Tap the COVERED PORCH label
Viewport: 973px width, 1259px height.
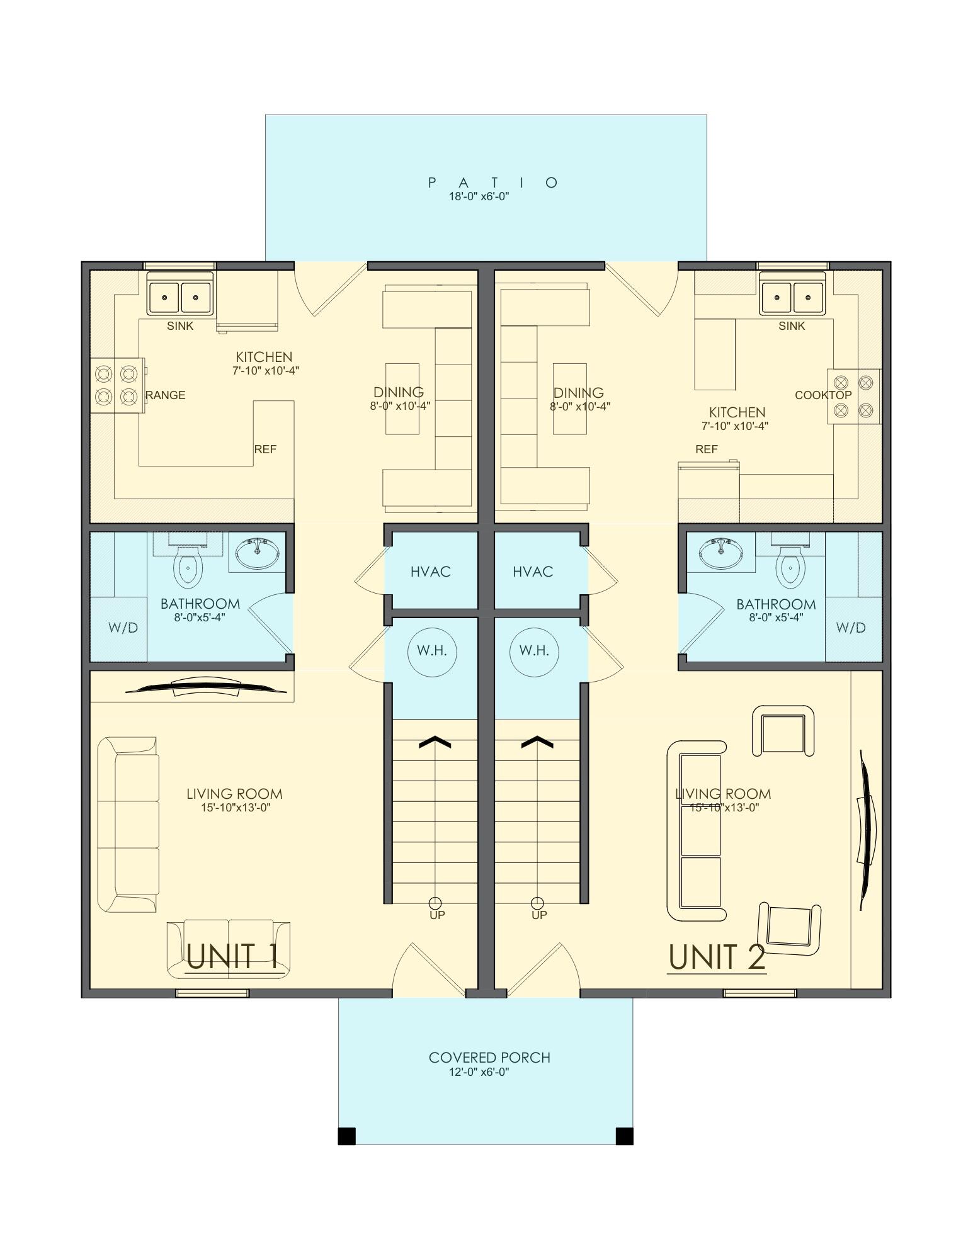click(489, 1058)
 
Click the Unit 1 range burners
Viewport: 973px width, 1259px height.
click(117, 385)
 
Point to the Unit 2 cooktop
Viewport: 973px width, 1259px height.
click(853, 397)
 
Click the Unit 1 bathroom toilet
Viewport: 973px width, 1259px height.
click(188, 565)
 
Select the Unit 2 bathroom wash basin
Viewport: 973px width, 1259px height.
click(720, 552)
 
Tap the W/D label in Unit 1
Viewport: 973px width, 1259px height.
click(123, 628)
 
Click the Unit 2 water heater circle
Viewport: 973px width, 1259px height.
click(534, 651)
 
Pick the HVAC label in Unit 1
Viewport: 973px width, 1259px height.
click(431, 572)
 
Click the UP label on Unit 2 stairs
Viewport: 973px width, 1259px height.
click(539, 915)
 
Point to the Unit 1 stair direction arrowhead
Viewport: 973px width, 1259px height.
click(435, 742)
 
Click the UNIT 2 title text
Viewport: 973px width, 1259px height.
click(717, 957)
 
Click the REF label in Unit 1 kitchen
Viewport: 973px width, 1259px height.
click(265, 449)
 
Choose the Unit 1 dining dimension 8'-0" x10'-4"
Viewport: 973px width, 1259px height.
click(400, 407)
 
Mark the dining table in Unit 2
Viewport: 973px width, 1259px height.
click(570, 398)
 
